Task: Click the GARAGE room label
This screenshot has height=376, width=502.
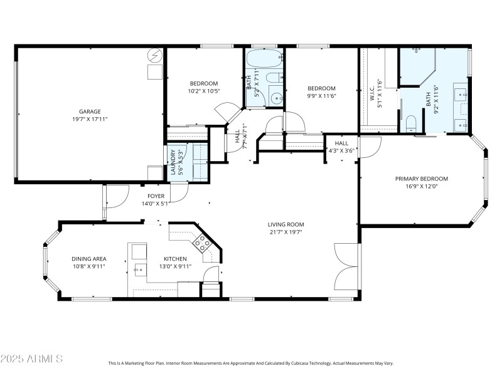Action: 90,112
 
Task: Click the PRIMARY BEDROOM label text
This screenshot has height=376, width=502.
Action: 421,179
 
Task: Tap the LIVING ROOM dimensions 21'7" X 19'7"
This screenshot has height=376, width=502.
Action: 286,232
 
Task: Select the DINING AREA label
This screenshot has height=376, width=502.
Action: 88,259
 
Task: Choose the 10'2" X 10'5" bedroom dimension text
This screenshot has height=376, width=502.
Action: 204,91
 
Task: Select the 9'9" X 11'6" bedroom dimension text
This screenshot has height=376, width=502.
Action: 321,96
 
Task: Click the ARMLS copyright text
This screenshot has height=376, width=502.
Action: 31,359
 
